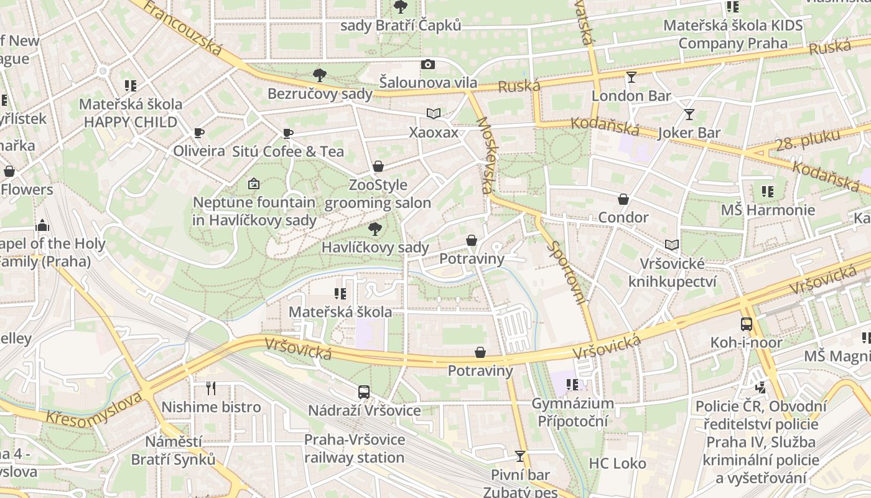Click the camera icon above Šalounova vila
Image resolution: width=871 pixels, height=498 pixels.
click(428, 64)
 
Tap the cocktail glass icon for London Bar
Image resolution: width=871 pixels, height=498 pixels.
click(631, 77)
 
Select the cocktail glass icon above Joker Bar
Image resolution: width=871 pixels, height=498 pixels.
click(689, 114)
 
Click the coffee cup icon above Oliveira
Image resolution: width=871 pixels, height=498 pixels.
click(199, 133)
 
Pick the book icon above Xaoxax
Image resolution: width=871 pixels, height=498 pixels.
click(434, 114)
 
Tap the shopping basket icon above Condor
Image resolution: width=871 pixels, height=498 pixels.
click(623, 199)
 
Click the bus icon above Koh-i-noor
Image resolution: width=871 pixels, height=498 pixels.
click(747, 324)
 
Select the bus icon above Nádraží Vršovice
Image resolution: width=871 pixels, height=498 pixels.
click(364, 392)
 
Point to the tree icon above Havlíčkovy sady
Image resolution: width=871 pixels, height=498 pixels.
click(375, 229)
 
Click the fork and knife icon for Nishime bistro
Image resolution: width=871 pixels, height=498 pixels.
click(211, 388)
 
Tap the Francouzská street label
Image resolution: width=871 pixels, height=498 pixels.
click(182, 27)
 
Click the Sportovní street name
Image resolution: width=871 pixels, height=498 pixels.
click(567, 272)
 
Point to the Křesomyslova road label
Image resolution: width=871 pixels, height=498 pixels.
click(94, 411)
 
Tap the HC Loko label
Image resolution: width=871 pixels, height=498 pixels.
click(617, 464)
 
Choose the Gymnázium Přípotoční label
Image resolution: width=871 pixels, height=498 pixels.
click(572, 412)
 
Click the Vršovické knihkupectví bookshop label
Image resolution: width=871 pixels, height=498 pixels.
click(672, 273)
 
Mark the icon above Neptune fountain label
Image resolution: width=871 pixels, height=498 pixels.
click(253, 184)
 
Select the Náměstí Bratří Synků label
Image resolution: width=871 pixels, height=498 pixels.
click(173, 451)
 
